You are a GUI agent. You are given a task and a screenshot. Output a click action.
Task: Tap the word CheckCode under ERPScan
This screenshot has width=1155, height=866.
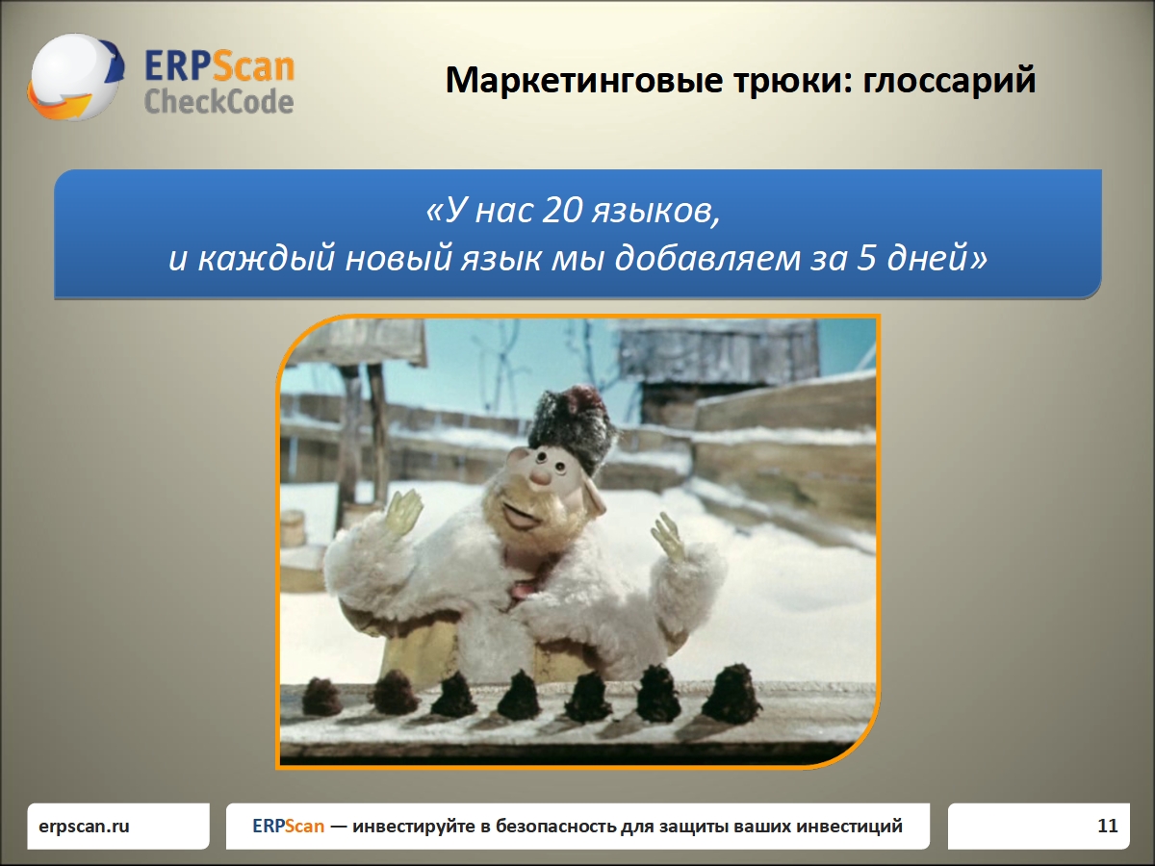pos(218,101)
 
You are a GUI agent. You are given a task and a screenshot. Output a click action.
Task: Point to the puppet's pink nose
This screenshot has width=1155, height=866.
pos(542,474)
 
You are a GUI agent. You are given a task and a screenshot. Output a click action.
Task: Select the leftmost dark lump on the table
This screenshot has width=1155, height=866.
pos(322,697)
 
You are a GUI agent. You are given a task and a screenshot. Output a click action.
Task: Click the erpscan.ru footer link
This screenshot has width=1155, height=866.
pos(84,826)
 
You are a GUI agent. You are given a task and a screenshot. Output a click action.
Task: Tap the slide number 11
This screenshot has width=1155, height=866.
pos(1107,826)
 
